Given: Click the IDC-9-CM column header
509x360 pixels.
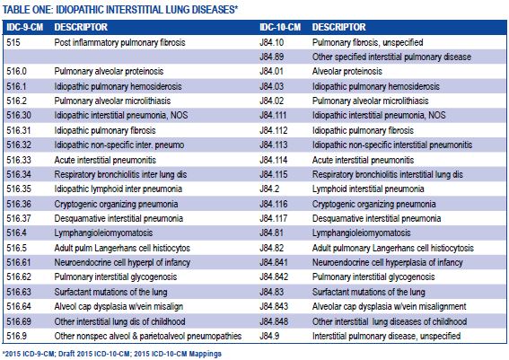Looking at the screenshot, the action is point(25,27).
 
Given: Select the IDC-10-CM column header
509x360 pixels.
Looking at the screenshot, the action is point(280,27).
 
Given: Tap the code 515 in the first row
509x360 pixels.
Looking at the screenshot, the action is point(13,42).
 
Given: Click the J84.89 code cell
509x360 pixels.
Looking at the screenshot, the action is point(272,57).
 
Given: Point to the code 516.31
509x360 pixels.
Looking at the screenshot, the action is point(18,130).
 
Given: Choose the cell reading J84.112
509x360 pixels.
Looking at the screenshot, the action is point(274,130).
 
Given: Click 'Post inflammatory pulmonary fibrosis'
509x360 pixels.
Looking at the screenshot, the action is point(119,42).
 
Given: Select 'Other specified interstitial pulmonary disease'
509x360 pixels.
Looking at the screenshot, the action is point(391,57).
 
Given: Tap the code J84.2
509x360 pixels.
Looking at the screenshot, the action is point(269,189).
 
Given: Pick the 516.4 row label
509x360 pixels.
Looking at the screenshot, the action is point(16,233).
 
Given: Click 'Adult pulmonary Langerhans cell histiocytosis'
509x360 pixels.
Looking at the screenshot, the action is point(393,249).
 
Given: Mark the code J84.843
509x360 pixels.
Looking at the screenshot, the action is point(274,306).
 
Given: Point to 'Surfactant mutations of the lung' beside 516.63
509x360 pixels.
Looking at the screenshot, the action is point(110,292).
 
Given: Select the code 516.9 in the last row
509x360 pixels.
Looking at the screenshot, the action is point(16,336).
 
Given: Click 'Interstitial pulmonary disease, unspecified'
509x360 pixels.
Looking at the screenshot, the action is point(386,336).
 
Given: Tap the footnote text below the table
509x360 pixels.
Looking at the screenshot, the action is point(112,354).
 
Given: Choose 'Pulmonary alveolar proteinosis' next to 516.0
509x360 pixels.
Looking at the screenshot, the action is point(109,72).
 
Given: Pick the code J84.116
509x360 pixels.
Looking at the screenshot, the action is point(274,204).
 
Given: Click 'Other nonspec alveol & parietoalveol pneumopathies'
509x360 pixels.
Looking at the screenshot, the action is point(148,336).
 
